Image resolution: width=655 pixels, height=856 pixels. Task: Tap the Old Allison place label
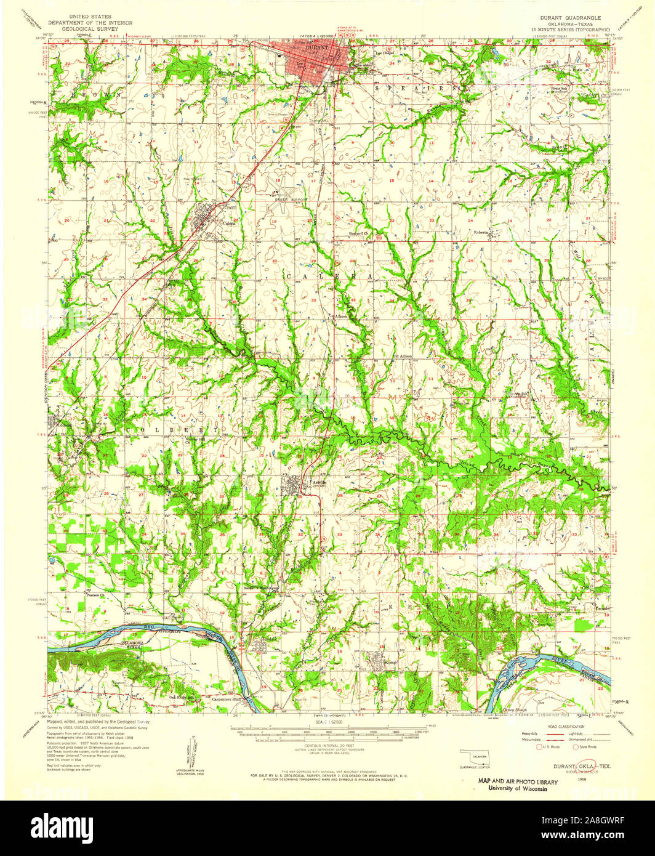(401, 356)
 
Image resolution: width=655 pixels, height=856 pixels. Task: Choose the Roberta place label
(481, 233)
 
